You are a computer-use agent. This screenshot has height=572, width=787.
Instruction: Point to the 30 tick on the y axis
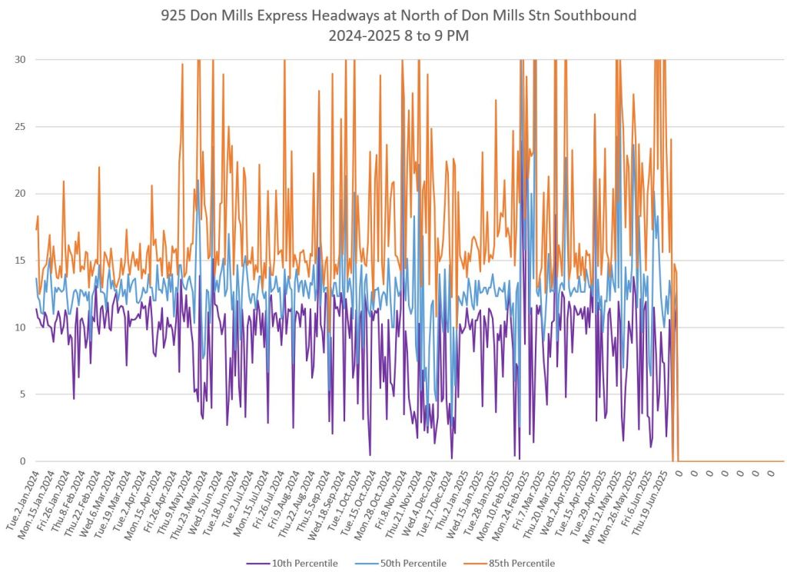pyautogui.click(x=19, y=60)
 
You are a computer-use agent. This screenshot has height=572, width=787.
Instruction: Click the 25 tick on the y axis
pyautogui.click(x=19, y=127)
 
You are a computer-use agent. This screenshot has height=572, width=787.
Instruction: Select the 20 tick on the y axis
pyautogui.click(x=19, y=194)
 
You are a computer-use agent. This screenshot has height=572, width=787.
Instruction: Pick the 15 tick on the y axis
pyautogui.click(x=19, y=261)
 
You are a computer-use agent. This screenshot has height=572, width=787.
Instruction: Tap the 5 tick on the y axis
pyautogui.click(x=22, y=394)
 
